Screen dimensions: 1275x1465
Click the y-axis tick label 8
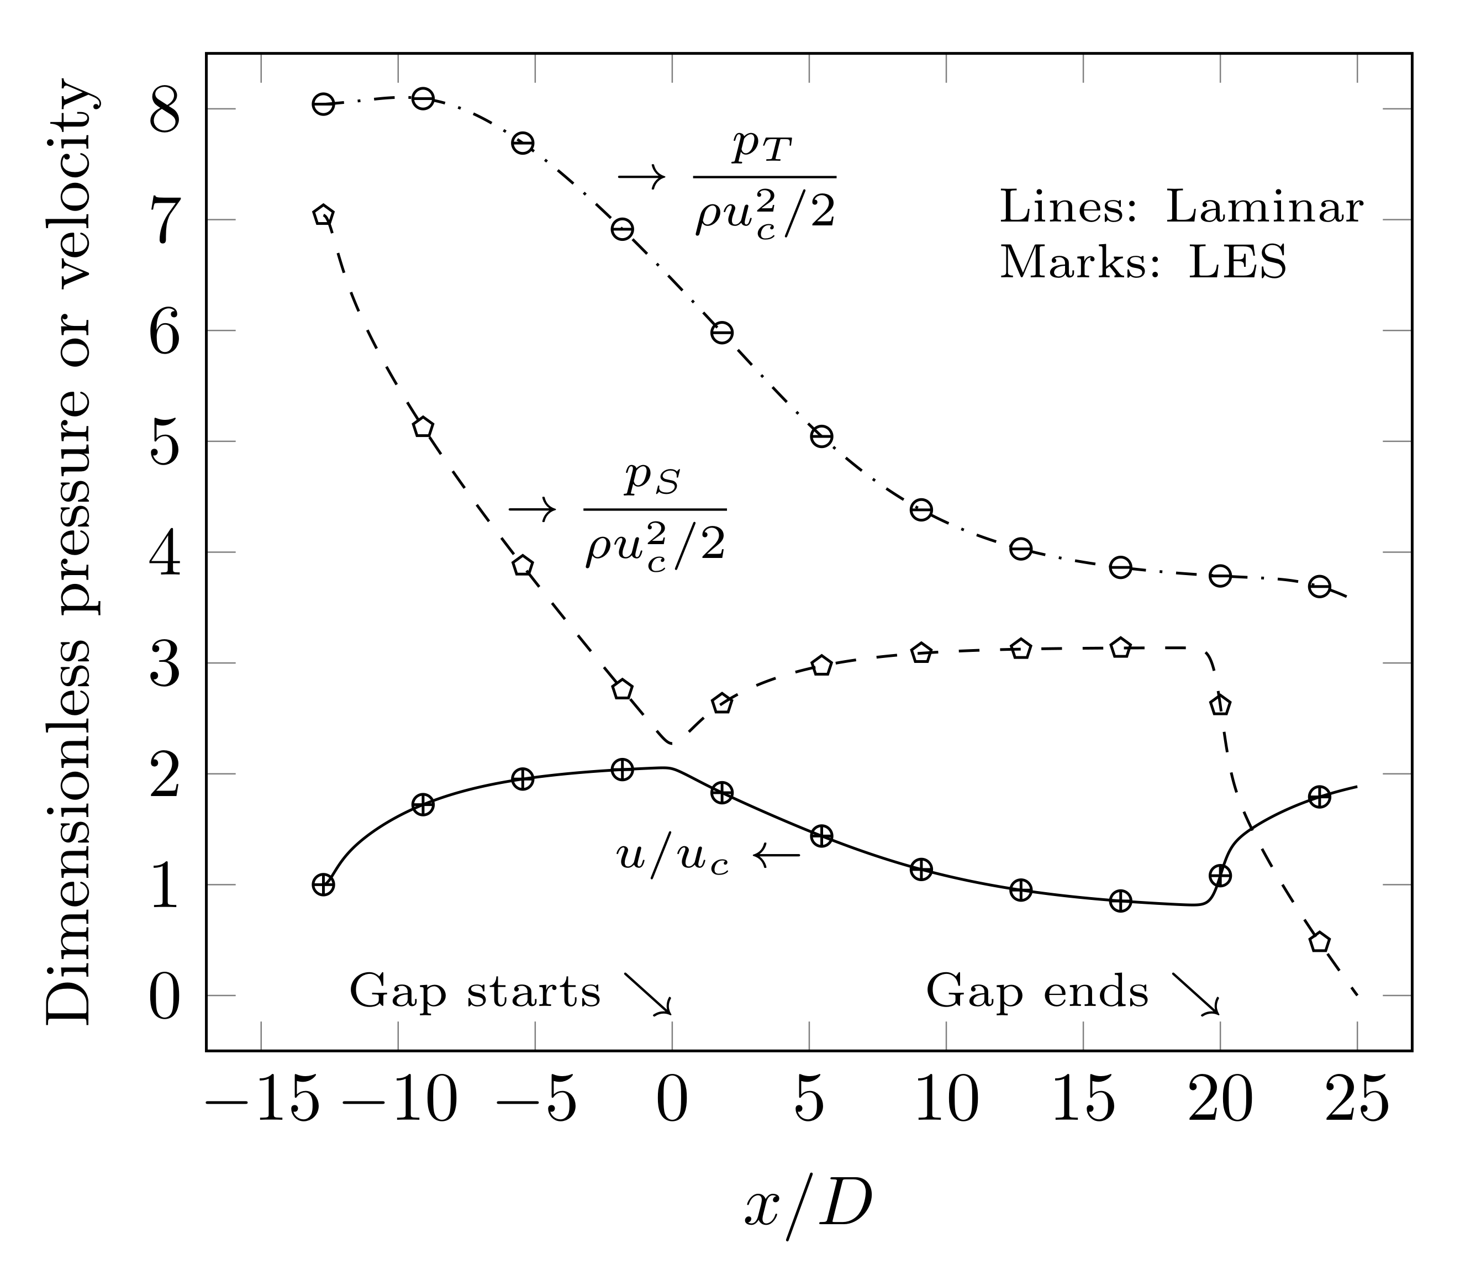165,110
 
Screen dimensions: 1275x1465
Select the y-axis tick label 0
165,996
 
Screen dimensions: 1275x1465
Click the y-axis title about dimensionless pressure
70,555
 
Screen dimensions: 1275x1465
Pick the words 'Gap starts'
475,992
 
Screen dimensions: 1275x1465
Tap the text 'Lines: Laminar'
1181,208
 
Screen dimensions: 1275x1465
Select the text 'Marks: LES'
1143,262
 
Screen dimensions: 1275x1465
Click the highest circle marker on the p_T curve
423,98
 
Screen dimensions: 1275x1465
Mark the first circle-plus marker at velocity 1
323,885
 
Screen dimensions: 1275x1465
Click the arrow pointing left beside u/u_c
777,855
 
